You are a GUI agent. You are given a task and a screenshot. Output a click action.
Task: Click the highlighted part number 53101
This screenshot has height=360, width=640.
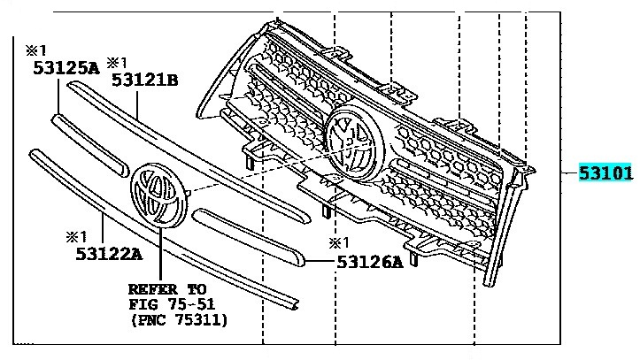tap(605, 172)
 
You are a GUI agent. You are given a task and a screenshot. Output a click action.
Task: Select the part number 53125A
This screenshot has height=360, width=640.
tap(66, 68)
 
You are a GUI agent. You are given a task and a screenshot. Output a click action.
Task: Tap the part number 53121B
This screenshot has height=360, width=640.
tap(145, 80)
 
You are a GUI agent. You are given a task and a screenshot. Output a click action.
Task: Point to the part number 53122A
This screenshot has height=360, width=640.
tap(109, 254)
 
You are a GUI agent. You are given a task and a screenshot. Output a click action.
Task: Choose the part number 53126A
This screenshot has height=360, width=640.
tap(370, 262)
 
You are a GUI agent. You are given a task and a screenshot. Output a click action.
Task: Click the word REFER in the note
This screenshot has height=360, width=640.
tap(153, 289)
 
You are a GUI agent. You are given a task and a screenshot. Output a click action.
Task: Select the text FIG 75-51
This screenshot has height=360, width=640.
tap(172, 304)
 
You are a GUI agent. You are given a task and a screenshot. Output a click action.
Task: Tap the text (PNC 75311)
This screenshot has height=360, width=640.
tap(179, 320)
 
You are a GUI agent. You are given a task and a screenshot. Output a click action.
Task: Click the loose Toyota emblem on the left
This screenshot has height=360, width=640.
tap(159, 195)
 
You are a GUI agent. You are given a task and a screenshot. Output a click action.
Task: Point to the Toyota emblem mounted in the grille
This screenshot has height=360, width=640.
tap(355, 142)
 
